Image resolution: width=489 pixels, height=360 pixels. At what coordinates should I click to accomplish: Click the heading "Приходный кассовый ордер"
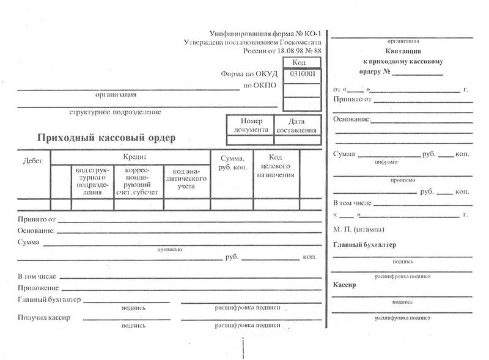106,138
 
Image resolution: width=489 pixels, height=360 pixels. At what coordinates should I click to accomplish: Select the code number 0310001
303,74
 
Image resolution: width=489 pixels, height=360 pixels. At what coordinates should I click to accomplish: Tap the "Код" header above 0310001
299,63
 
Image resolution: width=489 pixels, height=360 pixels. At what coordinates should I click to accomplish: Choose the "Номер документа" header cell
251,125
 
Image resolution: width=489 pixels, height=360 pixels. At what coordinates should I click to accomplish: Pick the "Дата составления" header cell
296,125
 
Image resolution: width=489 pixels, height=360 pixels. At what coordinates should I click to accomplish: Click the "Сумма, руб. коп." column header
232,163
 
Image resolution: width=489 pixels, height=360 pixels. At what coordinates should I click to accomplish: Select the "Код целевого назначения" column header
276,166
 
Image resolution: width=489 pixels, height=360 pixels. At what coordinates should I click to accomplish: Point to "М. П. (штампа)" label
359,229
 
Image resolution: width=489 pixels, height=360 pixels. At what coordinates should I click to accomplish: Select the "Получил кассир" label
45,318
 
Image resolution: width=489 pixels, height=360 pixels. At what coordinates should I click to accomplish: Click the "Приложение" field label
39,288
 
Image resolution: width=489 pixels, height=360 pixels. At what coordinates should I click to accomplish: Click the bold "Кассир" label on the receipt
345,285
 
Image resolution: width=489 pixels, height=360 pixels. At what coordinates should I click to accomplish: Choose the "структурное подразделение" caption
116,112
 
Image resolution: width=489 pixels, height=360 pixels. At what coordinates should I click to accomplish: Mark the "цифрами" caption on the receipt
386,163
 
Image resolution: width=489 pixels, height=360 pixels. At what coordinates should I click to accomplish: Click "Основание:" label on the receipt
352,119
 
